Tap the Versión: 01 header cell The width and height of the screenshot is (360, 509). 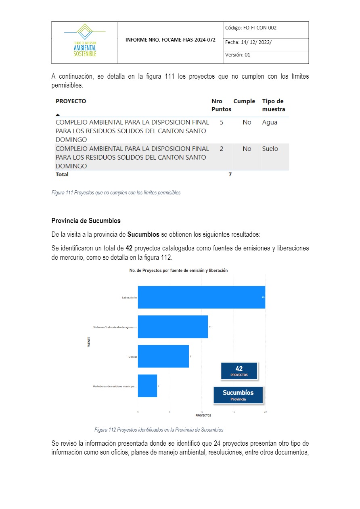click(238, 55)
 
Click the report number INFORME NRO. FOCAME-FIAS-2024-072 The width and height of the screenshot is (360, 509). click(170, 40)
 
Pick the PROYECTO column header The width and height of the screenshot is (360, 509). click(71, 101)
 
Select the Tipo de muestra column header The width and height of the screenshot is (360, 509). click(274, 105)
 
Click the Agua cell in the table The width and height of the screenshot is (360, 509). click(270, 122)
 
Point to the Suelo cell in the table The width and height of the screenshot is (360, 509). click(270, 149)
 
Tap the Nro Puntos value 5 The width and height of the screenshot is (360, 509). click(222, 122)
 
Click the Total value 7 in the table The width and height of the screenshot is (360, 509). click(230, 175)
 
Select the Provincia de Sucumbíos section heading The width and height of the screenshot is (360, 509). click(86, 221)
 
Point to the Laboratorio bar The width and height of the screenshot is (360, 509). click(201, 297)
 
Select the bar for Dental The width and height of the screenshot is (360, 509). click(163, 356)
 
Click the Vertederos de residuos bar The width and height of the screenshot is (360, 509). click(147, 386)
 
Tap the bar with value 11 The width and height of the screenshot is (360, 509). click(173, 327)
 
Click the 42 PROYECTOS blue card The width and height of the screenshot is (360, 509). click(239, 371)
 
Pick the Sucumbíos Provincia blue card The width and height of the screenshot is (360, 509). click(238, 395)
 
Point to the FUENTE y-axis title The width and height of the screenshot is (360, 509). click(89, 342)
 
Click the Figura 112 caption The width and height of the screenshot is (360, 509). click(159, 430)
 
